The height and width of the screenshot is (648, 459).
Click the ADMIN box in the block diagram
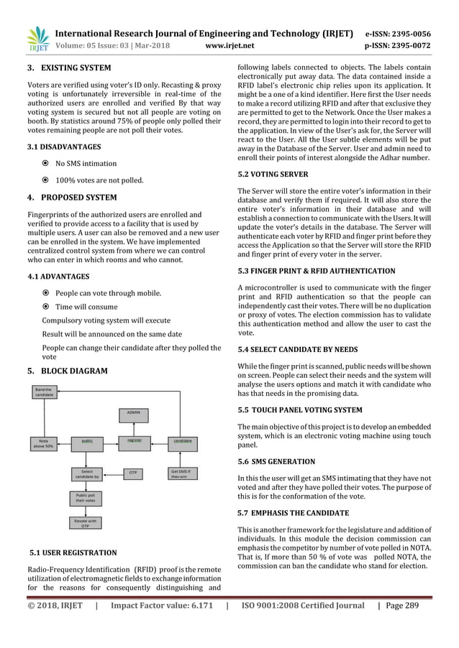click(134, 413)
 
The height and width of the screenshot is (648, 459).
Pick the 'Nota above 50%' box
click(45, 443)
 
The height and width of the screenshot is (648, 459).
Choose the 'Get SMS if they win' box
click(183, 473)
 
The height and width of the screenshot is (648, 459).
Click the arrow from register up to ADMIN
click(134, 427)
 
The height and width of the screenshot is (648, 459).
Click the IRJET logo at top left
click(36, 41)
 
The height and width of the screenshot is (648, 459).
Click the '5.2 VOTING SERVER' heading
click(273, 174)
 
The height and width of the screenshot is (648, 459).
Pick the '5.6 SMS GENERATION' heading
click(276, 461)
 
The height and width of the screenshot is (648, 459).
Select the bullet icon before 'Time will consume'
click(45, 307)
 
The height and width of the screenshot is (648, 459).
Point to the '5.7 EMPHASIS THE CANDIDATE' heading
click(293, 513)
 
